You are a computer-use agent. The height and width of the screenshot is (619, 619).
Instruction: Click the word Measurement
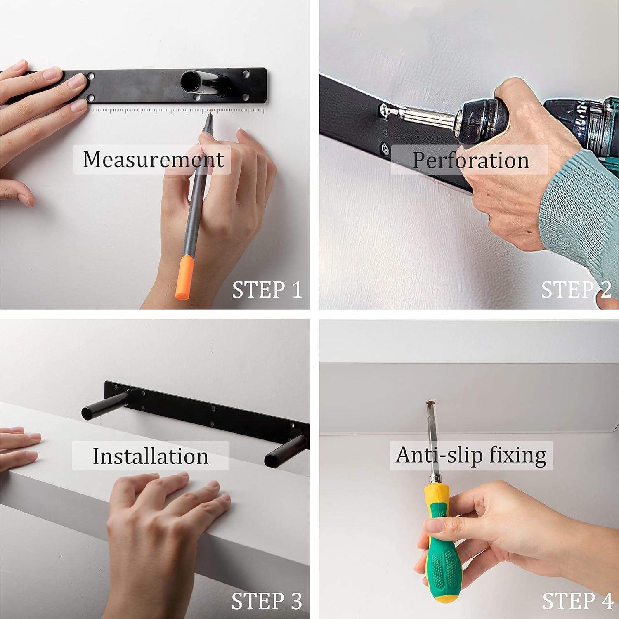153,160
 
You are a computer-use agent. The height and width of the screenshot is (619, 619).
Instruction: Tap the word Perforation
471,160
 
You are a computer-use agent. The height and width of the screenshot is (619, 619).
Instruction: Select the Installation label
151,456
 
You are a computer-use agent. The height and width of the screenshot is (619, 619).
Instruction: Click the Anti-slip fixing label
471,455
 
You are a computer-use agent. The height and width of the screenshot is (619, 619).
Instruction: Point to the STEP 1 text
267,290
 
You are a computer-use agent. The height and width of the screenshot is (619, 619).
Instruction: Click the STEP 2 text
576,290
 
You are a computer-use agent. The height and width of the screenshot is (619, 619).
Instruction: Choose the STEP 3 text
267,601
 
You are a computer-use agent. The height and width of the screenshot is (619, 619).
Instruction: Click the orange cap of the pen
184,277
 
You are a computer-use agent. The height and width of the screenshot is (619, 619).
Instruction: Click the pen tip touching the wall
211,111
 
